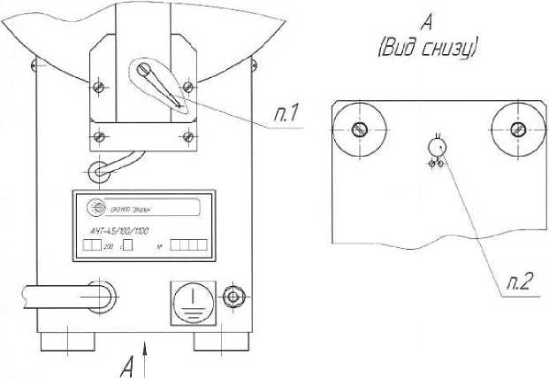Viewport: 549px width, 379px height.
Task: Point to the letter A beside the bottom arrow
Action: click(128, 363)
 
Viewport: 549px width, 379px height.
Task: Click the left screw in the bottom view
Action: click(358, 128)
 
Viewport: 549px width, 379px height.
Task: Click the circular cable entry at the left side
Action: click(98, 295)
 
